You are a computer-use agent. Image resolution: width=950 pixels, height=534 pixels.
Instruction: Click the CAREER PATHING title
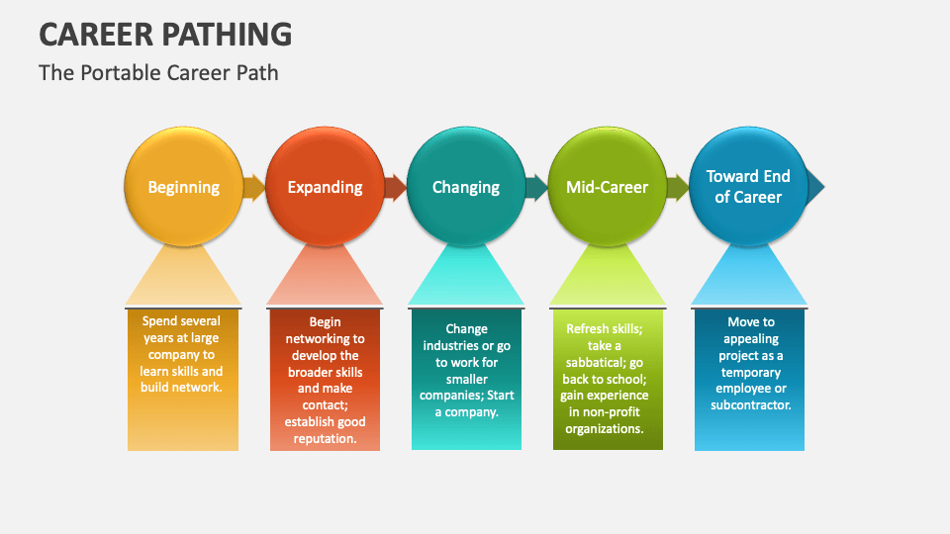click(165, 34)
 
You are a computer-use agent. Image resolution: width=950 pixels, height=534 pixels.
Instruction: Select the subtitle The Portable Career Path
click(158, 73)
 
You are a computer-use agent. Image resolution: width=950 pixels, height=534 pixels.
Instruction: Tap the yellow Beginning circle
click(183, 186)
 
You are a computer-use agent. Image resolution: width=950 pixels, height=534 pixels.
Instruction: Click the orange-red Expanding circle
click(325, 186)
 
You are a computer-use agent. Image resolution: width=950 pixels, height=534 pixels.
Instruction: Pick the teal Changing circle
click(465, 186)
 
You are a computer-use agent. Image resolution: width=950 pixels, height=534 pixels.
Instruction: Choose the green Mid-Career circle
click(607, 186)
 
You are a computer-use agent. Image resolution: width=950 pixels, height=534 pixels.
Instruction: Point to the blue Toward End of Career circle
click(748, 186)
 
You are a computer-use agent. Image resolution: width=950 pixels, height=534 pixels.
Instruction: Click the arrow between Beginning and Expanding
click(254, 187)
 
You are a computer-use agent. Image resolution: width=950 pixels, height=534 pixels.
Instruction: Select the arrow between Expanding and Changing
click(396, 187)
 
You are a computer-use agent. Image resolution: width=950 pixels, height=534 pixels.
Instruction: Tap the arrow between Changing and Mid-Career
click(536, 187)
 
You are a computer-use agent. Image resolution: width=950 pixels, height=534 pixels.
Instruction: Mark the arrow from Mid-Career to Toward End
click(678, 187)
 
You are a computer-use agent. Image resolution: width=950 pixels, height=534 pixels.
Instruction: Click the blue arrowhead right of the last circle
click(815, 186)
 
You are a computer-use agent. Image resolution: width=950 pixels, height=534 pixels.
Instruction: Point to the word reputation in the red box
click(325, 439)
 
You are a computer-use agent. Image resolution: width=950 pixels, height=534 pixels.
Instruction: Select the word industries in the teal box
click(455, 346)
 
